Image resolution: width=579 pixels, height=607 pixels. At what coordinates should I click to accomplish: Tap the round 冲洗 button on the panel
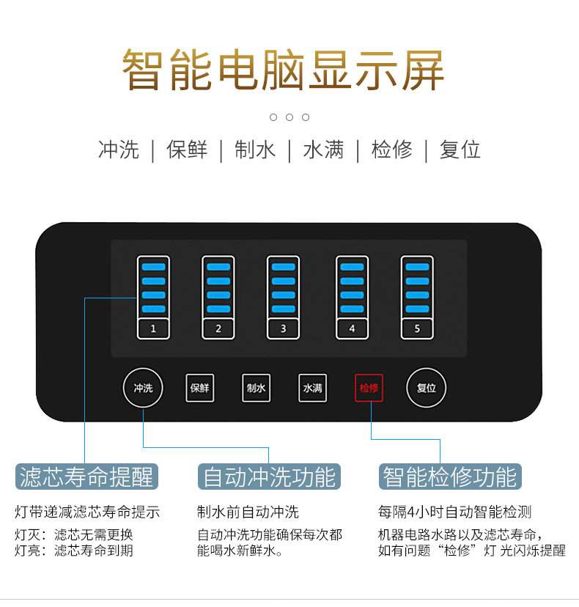point(143,388)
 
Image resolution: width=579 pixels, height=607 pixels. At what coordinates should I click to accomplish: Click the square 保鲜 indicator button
point(199,388)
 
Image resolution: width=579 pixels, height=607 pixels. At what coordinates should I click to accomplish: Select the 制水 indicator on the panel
point(257,388)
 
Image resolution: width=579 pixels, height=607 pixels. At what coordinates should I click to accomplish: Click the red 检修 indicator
point(369,388)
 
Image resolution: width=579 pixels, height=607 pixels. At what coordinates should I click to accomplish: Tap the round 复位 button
point(426,388)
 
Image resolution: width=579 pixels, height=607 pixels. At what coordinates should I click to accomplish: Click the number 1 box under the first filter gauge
point(153,328)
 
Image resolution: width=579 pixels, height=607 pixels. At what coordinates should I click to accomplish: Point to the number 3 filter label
point(283,328)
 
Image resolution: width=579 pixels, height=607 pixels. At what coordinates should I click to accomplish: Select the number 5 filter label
point(417,328)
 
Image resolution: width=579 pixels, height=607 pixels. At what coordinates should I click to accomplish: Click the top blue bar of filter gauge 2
point(218,267)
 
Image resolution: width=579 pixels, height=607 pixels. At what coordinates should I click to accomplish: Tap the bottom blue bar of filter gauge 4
point(352,309)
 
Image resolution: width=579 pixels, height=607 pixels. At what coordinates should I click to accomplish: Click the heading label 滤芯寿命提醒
point(86,477)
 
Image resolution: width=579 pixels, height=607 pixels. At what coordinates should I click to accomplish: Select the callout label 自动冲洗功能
point(269,477)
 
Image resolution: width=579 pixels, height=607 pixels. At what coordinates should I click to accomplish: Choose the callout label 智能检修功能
point(450,477)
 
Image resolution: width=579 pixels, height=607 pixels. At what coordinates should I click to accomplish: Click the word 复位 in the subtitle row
point(460,150)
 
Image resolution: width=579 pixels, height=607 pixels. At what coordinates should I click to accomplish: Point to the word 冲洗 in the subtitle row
point(119,150)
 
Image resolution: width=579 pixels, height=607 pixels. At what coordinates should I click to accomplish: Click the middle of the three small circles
point(289,117)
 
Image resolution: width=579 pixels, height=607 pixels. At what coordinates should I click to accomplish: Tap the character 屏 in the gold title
point(423,70)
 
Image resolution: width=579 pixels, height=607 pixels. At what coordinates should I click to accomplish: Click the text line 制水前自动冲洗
point(248,512)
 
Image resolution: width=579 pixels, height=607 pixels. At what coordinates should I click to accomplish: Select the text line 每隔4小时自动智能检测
point(454,512)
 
